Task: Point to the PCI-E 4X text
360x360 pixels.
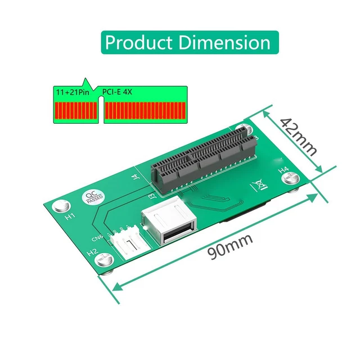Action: tap(117, 91)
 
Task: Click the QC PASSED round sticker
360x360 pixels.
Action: tap(92, 197)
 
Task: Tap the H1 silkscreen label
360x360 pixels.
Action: tap(70, 216)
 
